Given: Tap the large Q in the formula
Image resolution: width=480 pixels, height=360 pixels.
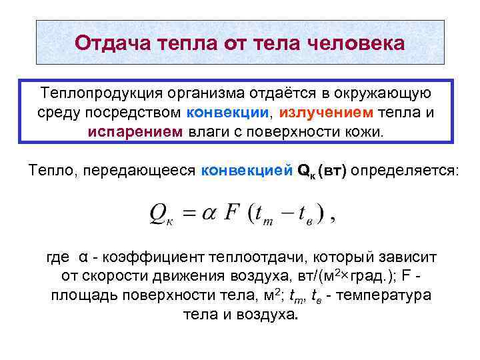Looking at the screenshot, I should click(x=159, y=215).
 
